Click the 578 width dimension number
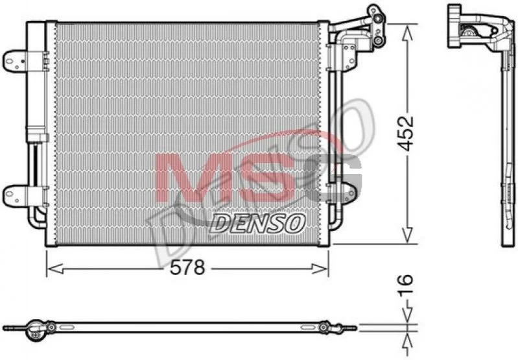[x=187, y=267]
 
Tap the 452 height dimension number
[x=405, y=132]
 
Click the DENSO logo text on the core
[x=257, y=222]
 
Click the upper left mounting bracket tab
[x=15, y=61]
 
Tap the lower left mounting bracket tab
[x=15, y=197]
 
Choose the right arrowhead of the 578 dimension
[x=320, y=269]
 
